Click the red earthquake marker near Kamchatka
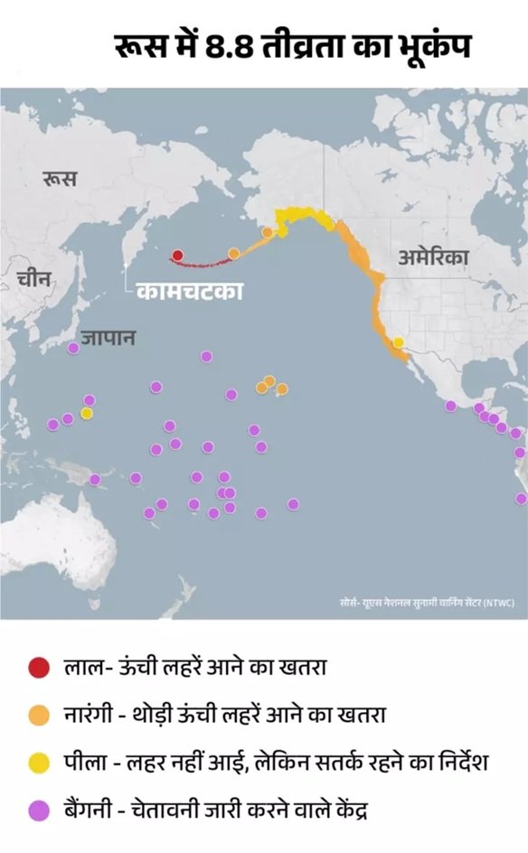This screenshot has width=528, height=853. [178, 256]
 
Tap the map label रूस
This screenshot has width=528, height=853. [59, 179]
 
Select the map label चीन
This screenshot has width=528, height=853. [34, 279]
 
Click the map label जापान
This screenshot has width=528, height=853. [108, 338]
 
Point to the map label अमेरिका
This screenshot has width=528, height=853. [434, 258]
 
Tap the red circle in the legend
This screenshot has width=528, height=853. [39, 669]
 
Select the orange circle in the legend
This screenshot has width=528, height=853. [39, 716]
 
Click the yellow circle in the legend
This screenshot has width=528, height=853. [39, 763]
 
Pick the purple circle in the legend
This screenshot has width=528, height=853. [39, 811]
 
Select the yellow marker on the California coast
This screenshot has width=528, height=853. [399, 342]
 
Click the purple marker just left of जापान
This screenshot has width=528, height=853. [73, 348]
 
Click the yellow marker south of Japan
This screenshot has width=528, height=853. [87, 413]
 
